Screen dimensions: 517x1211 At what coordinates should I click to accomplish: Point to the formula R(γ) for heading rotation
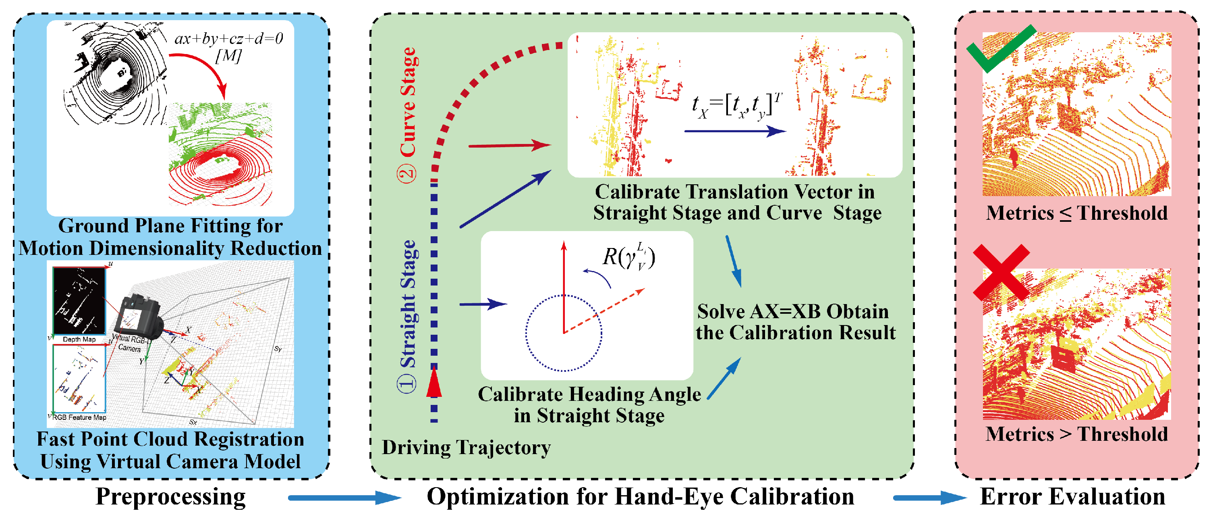click(x=629, y=257)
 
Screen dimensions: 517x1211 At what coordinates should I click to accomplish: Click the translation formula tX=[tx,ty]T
click(x=736, y=106)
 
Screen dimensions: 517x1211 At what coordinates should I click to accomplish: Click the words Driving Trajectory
click(x=466, y=447)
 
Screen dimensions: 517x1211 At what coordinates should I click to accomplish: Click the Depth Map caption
click(x=79, y=339)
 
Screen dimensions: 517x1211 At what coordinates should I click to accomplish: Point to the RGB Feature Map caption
click(x=79, y=417)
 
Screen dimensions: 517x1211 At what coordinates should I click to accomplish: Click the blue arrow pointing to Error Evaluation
click(x=929, y=498)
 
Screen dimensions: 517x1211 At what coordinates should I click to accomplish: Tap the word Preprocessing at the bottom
click(x=170, y=497)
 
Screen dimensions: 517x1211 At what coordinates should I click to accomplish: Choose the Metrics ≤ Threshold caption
click(x=1076, y=213)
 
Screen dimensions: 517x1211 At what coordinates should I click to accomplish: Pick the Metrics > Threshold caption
click(x=1076, y=434)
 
